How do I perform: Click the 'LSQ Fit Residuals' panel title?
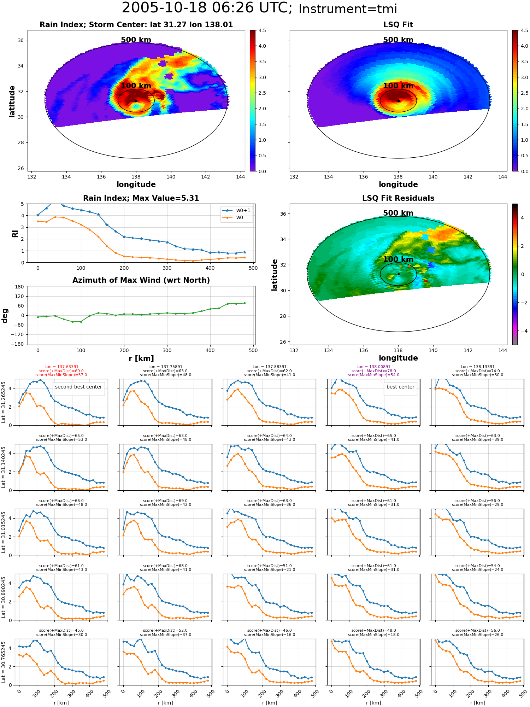(x=398, y=198)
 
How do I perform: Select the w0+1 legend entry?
(x=236, y=210)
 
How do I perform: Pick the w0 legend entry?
(x=233, y=217)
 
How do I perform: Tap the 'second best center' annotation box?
(x=78, y=387)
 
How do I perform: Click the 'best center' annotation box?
(x=400, y=387)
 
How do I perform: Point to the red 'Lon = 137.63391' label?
(x=61, y=367)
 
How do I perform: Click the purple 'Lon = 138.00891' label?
(x=374, y=367)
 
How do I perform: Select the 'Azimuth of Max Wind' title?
(x=141, y=280)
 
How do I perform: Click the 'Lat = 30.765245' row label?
(x=4, y=662)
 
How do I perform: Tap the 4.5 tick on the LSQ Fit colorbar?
(x=524, y=30)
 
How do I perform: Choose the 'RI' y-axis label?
(x=15, y=233)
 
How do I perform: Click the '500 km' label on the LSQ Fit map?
(x=398, y=40)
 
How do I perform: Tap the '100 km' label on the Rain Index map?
(x=136, y=86)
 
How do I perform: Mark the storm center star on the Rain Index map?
(x=136, y=101)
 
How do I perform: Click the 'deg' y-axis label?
(x=5, y=315)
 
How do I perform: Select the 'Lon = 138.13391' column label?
(x=478, y=367)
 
